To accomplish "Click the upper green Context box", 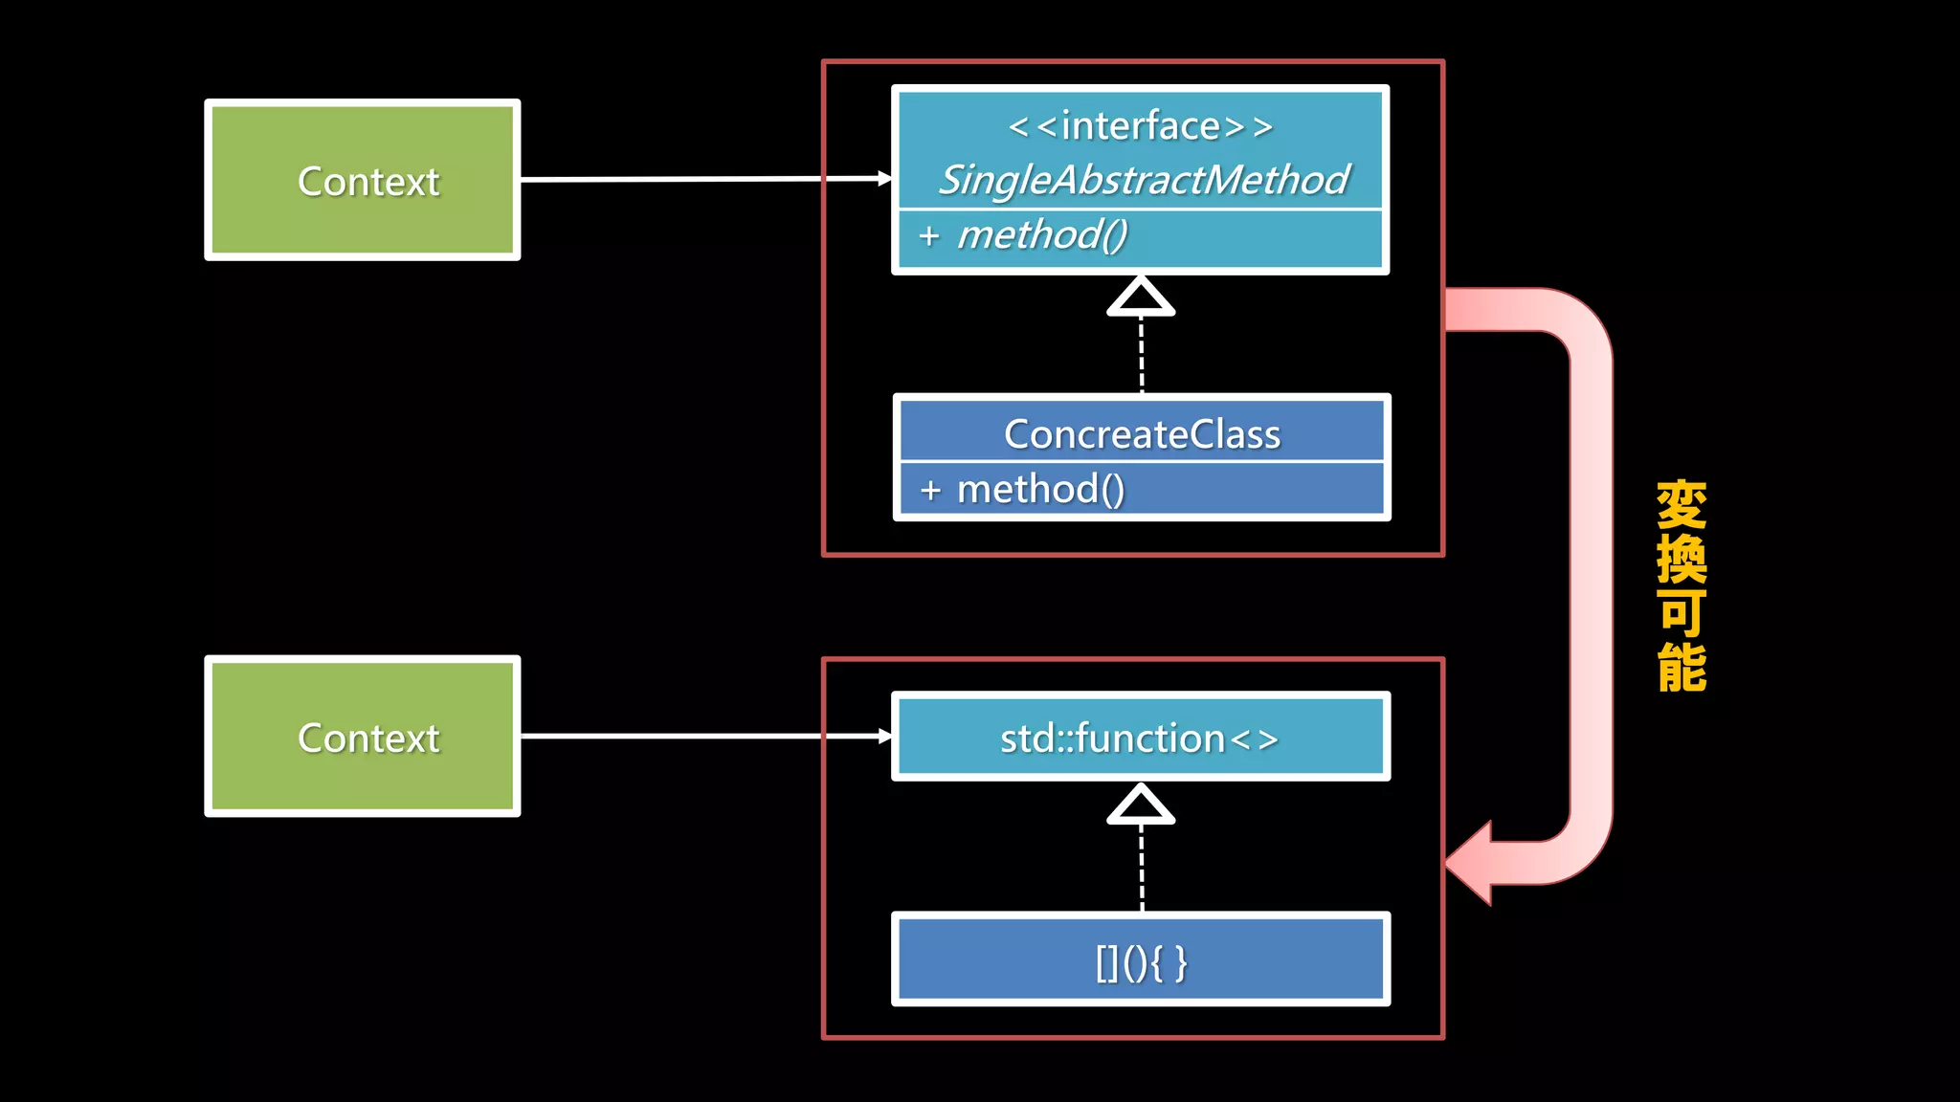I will coord(363,180).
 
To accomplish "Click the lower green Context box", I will coord(363,737).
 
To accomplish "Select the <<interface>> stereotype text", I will coord(1140,126).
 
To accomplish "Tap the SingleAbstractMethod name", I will coord(1143,180).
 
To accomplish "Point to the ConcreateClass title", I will coord(1142,434).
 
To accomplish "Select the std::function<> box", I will coord(1140,738).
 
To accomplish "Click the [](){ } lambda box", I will coord(1140,960).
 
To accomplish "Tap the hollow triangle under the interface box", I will coord(1141,298).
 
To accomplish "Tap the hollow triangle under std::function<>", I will coord(1141,806).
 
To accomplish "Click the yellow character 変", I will coord(1682,505).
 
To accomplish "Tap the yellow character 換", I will coord(1682,559).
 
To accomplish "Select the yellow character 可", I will coord(1682,613).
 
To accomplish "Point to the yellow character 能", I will coord(1682,667).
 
